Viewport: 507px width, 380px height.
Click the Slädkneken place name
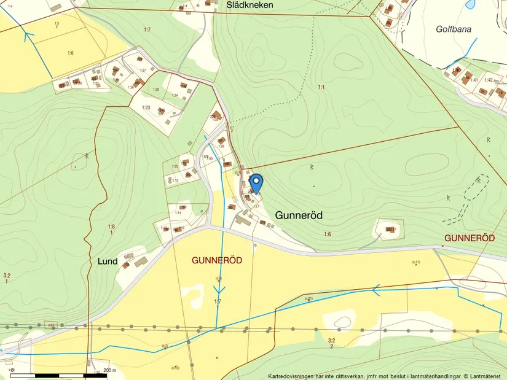pos(250,5)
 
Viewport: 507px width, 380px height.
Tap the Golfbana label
pos(454,29)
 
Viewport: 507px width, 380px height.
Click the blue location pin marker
pos(256,183)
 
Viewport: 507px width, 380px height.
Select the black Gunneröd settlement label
pos(299,215)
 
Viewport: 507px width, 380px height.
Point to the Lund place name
pos(108,261)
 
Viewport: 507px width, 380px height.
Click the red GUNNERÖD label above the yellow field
pos(217,260)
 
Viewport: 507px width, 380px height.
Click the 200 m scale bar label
pos(109,371)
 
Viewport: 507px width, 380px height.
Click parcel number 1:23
pos(146,107)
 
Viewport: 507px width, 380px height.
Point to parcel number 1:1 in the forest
pos(321,88)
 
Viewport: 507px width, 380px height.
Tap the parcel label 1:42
pos(489,80)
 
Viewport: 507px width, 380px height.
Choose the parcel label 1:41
pos(473,80)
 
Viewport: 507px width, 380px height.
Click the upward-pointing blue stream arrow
pos(27,36)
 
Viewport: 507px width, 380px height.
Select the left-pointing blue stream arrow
pos(377,287)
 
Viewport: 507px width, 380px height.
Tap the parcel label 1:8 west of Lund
pos(111,227)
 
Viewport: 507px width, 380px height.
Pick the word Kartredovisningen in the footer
pos(292,376)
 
